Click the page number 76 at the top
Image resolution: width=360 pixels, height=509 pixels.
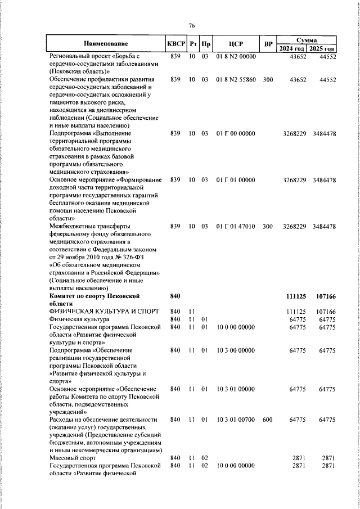tap(191, 26)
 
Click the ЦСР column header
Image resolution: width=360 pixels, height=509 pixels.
tap(236, 43)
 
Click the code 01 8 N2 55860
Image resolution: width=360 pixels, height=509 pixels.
tap(236, 80)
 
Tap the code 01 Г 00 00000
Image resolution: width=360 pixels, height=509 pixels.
tap(236, 134)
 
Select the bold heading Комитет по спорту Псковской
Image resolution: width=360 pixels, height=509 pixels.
tap(94, 296)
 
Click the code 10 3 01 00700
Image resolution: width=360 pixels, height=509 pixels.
tap(236, 420)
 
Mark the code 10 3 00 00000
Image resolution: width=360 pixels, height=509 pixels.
tap(236, 350)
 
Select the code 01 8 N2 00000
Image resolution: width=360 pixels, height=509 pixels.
tap(236, 57)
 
